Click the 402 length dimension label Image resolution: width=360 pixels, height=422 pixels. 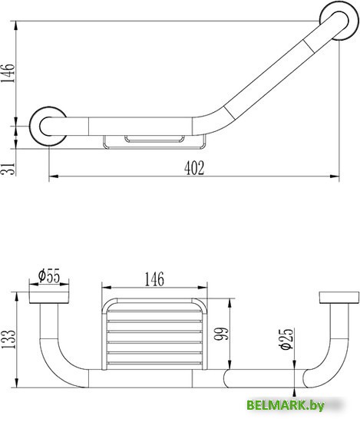pyautogui.click(x=194, y=168)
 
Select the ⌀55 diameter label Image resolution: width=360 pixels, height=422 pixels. pyautogui.click(x=49, y=275)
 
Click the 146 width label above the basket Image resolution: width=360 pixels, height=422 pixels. pyautogui.click(x=154, y=279)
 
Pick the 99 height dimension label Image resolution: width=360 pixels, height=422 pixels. pyautogui.click(x=222, y=334)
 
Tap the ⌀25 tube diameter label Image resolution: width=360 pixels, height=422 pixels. pyautogui.click(x=286, y=339)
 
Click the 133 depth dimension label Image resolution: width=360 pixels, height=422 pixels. pyautogui.click(x=8, y=339)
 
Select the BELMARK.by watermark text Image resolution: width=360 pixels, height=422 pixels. pyautogui.click(x=286, y=405)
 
